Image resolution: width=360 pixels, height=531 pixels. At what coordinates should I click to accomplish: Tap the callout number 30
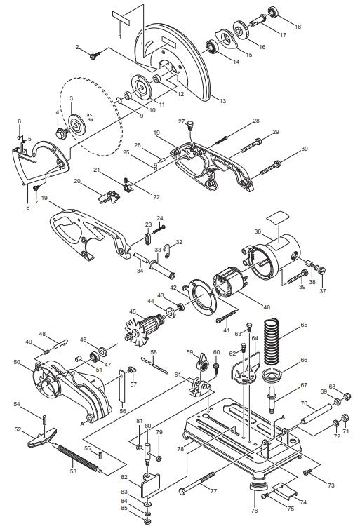pos(305,149)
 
